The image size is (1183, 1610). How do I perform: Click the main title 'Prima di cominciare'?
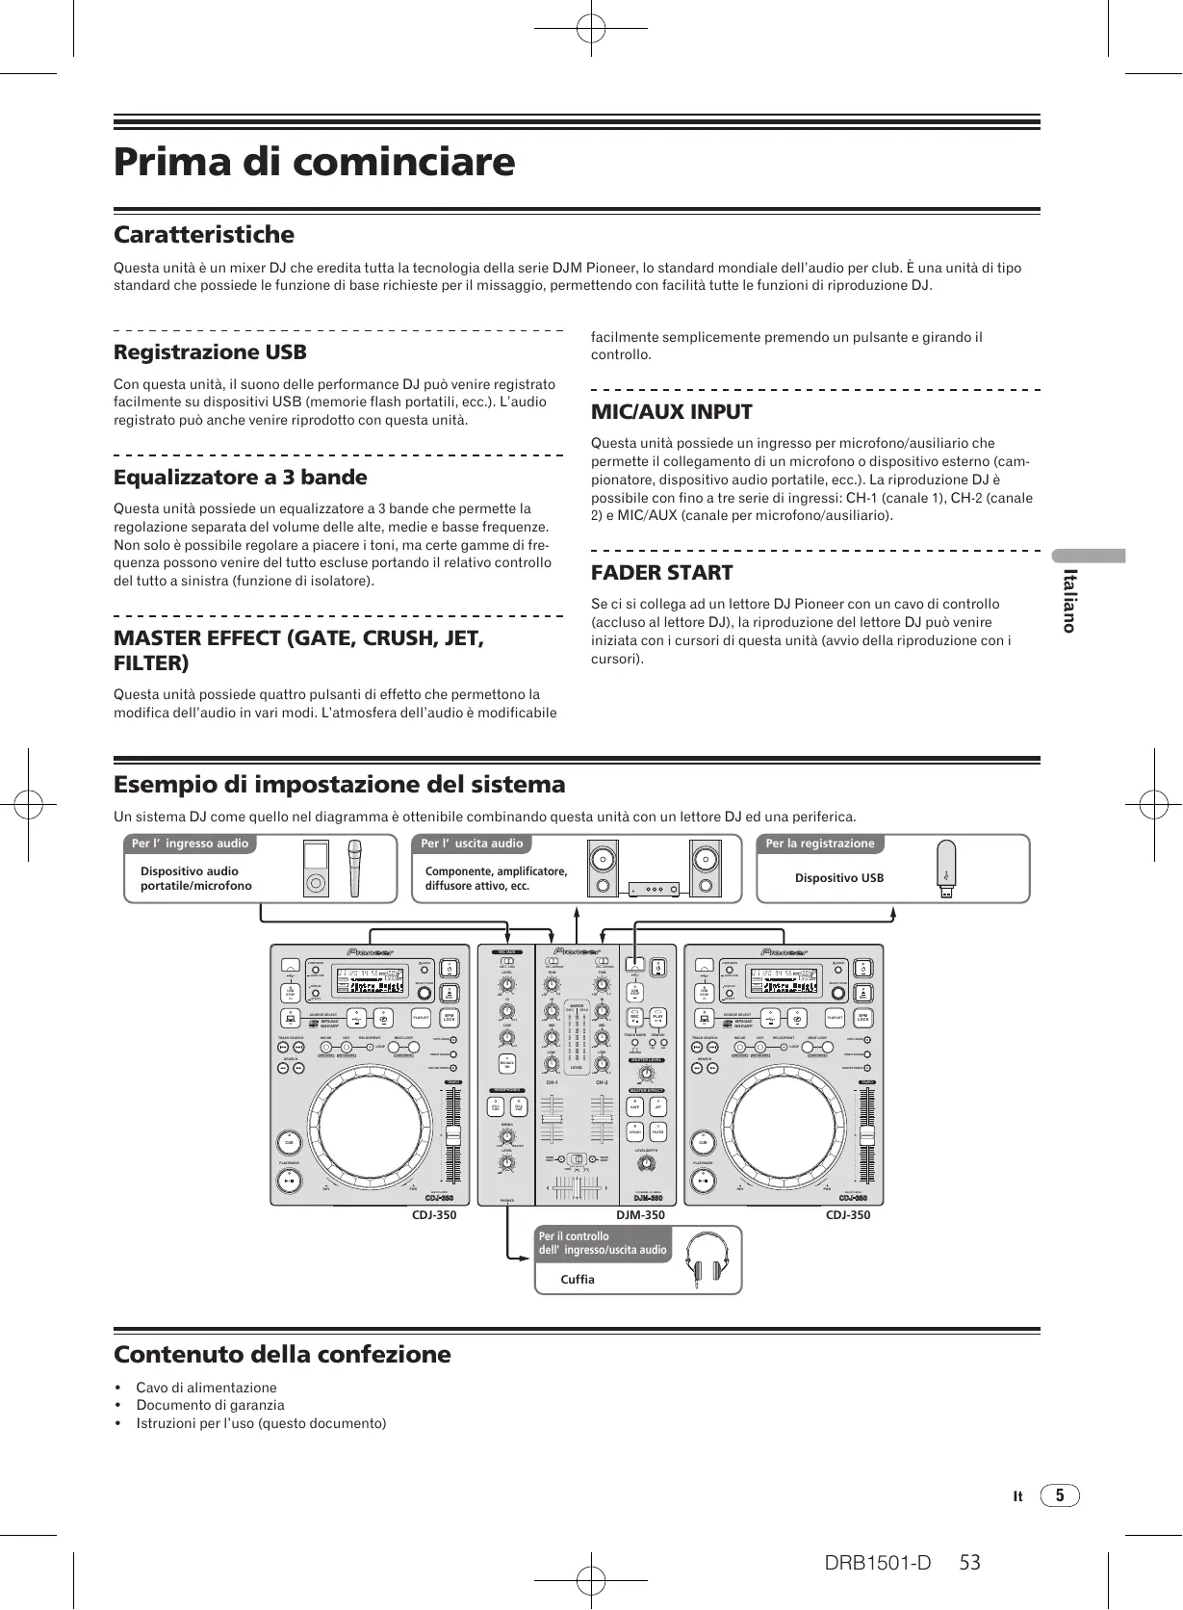(314, 162)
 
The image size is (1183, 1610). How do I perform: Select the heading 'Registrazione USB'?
(210, 352)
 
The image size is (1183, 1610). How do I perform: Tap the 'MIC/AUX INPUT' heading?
(671, 412)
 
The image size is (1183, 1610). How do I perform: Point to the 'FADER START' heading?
(661, 573)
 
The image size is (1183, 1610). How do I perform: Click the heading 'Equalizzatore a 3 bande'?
(241, 478)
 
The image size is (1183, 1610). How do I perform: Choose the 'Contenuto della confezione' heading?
(282, 1355)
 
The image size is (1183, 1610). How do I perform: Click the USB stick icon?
(946, 870)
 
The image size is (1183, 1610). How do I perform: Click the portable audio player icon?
(316, 868)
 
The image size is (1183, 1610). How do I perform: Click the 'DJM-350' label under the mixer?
(640, 1215)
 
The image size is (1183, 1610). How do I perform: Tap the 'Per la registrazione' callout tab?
(820, 844)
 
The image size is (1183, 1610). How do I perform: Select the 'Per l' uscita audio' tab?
(473, 844)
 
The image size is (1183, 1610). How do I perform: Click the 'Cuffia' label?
(578, 1280)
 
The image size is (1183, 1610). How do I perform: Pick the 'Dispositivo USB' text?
(838, 878)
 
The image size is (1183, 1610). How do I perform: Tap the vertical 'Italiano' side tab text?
(1067, 600)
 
